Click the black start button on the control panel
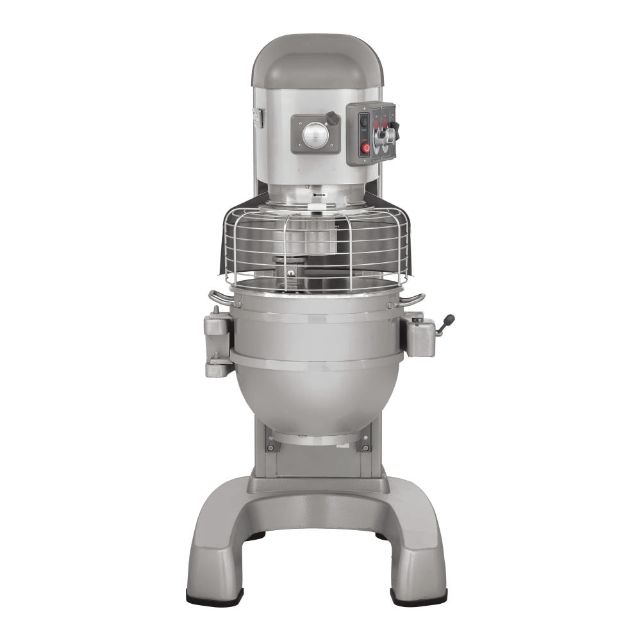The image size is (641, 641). pos(364,121)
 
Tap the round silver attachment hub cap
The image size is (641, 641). pos(315,135)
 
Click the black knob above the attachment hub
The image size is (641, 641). pos(332,119)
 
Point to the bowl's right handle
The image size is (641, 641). pos(413,299)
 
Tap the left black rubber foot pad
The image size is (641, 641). pos(214,597)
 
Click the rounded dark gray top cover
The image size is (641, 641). pos(317,61)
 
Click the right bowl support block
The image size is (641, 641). pos(418,337)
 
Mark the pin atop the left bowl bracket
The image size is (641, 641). pos(215,310)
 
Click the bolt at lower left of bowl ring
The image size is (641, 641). pos(271,447)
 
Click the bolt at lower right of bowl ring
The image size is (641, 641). pos(365,447)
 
